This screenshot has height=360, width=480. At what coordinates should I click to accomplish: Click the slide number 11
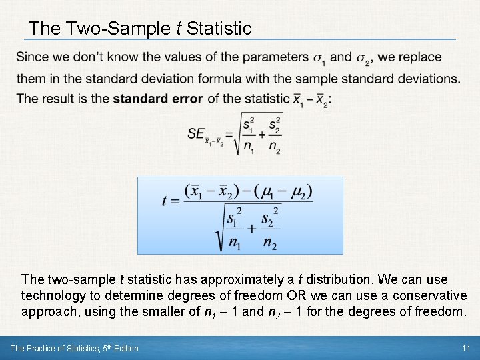click(466, 348)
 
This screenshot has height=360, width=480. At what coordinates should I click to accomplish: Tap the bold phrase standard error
click(158, 99)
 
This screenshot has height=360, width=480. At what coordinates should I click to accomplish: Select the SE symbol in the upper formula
click(196, 133)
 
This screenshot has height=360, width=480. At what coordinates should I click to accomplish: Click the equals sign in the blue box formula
click(175, 201)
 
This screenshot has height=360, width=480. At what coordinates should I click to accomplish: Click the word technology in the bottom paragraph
click(51, 295)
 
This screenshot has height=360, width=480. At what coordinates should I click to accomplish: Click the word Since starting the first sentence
click(31, 57)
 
